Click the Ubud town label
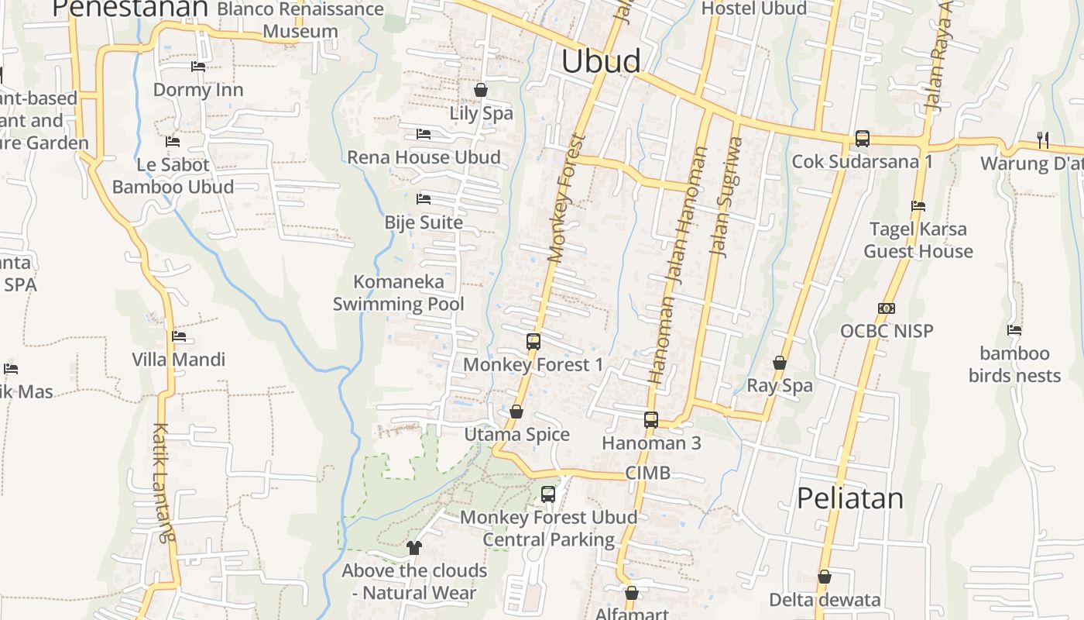click(601, 61)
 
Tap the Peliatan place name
click(850, 498)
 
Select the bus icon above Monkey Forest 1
click(533, 341)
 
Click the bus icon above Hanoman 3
click(651, 420)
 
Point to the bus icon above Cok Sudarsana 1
click(862, 139)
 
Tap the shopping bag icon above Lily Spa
click(481, 90)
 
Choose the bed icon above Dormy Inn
click(198, 67)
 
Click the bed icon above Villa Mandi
click(179, 336)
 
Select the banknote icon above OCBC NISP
click(887, 308)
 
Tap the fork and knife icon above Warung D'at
click(1043, 140)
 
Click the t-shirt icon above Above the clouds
click(413, 548)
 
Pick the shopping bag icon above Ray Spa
click(780, 363)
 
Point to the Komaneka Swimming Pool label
click(399, 293)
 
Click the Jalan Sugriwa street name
click(726, 197)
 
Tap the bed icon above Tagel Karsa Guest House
click(918, 206)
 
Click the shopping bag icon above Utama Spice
click(516, 412)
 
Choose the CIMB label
click(647, 473)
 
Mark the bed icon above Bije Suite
click(424, 199)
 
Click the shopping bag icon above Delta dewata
click(825, 577)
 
